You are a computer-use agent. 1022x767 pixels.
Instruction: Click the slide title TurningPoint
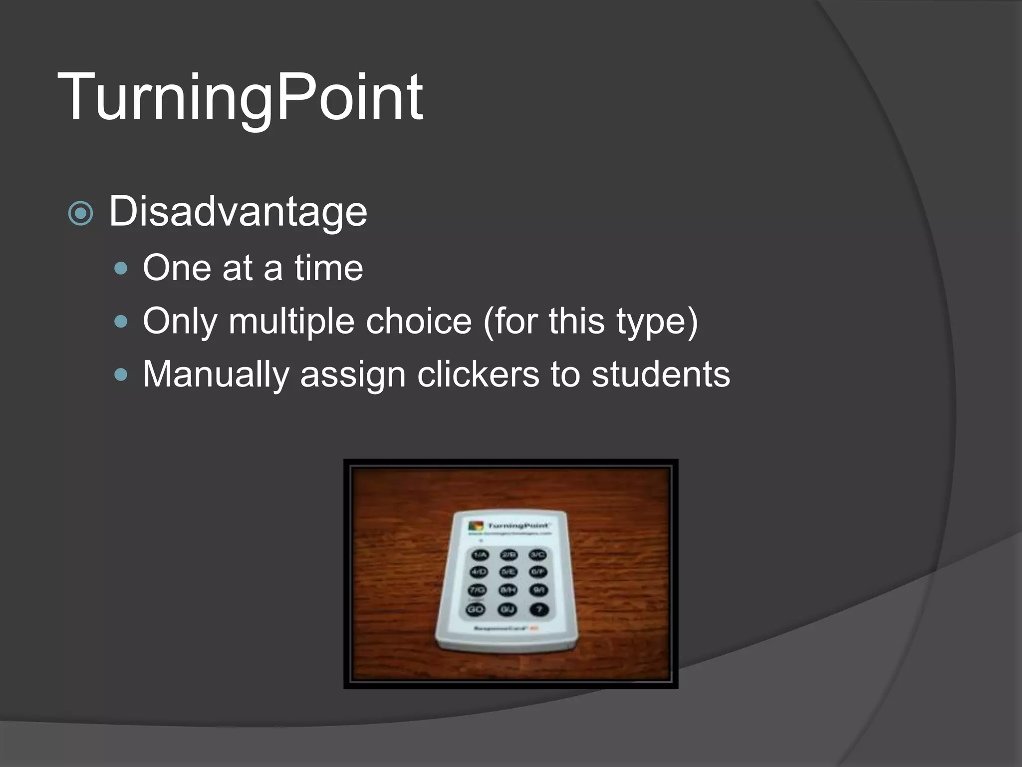(241, 97)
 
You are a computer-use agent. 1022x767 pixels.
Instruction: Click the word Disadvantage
(238, 212)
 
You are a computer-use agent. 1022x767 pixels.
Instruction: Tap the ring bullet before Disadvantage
(80, 214)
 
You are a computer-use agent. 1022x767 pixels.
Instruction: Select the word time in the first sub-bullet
(328, 268)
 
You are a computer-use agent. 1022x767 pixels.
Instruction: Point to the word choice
(419, 321)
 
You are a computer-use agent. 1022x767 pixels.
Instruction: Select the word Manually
(216, 375)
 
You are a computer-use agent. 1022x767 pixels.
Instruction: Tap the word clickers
(478, 375)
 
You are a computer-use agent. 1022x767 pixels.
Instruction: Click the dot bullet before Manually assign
(121, 375)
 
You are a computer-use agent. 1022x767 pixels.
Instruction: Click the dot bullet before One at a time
(121, 269)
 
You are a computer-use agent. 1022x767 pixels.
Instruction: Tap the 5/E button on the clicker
(509, 572)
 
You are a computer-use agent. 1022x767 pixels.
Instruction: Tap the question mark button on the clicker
(539, 610)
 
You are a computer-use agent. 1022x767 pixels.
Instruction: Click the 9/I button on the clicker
(539, 591)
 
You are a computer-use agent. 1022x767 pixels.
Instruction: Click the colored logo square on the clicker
(476, 526)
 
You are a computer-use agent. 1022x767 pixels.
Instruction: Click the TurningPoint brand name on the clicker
(518, 526)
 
